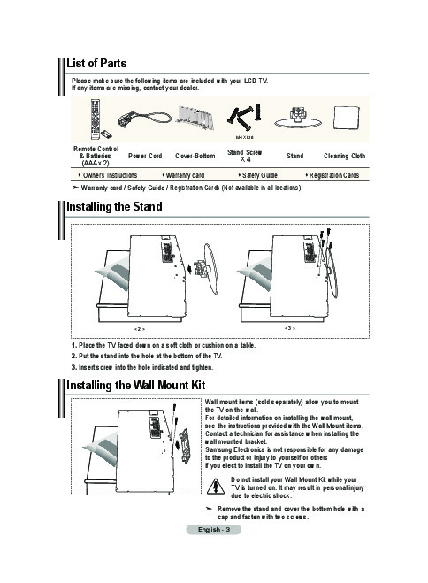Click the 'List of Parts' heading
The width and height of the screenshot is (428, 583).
(x=96, y=63)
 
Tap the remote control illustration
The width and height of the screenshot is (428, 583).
(x=96, y=119)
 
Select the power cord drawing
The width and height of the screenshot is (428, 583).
(x=144, y=119)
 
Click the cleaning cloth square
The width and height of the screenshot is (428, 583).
(x=347, y=118)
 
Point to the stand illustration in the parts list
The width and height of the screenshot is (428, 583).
(x=298, y=118)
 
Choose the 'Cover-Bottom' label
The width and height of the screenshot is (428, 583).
(x=195, y=156)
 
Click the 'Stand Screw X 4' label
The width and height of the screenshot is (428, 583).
(x=244, y=156)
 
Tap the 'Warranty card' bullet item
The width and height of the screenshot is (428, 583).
(x=184, y=175)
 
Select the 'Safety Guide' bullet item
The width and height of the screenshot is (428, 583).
(x=258, y=175)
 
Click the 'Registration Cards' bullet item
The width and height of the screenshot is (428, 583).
(x=332, y=175)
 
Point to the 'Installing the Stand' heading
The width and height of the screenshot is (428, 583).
(x=114, y=207)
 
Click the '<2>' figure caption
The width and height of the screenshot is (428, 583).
(x=140, y=329)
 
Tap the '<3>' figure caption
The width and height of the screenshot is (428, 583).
(x=290, y=328)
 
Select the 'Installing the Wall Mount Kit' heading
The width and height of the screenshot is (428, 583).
(x=135, y=385)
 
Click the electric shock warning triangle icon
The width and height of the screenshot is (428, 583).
(x=216, y=487)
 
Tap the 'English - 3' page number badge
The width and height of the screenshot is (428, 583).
(x=214, y=529)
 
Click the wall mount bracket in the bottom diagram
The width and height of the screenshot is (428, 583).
(x=184, y=446)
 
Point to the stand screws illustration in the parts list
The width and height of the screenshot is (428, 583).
(x=244, y=117)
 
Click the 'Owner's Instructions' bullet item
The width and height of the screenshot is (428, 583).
(x=108, y=175)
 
